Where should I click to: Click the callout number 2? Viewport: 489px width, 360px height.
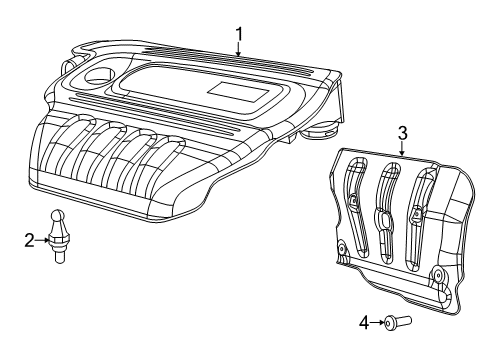coord(30,239)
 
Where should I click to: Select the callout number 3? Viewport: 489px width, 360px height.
coord(402,132)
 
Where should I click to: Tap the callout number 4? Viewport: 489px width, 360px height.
coord(365,322)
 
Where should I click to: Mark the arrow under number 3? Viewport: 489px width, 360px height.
coord(402,150)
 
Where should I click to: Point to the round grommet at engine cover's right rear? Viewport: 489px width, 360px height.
coord(321,130)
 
